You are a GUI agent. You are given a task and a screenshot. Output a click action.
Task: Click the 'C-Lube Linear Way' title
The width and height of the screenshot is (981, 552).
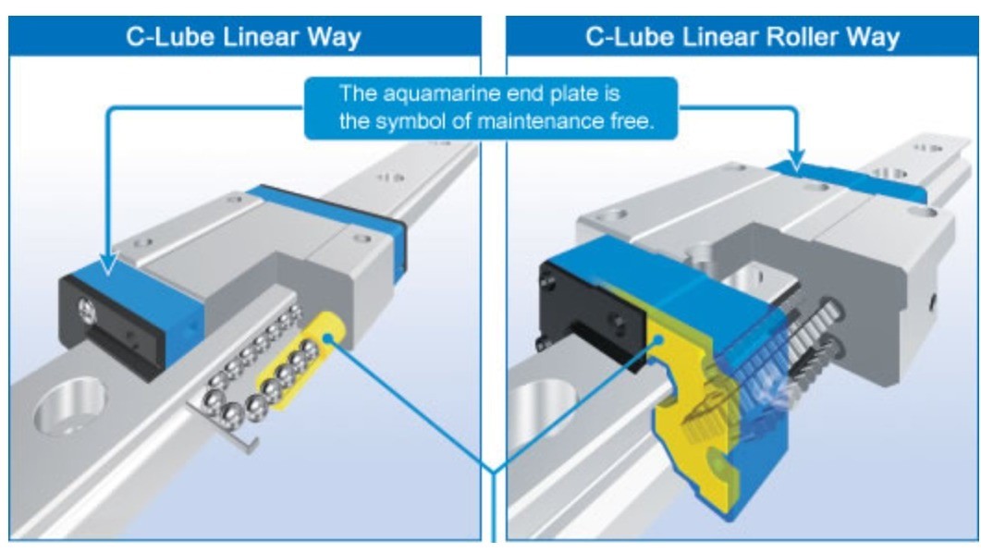point(244,37)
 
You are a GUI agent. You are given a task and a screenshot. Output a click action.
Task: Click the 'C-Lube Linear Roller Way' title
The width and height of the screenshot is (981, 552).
point(742,37)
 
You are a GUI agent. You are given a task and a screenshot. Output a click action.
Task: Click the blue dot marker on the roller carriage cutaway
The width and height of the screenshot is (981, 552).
point(659,341)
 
